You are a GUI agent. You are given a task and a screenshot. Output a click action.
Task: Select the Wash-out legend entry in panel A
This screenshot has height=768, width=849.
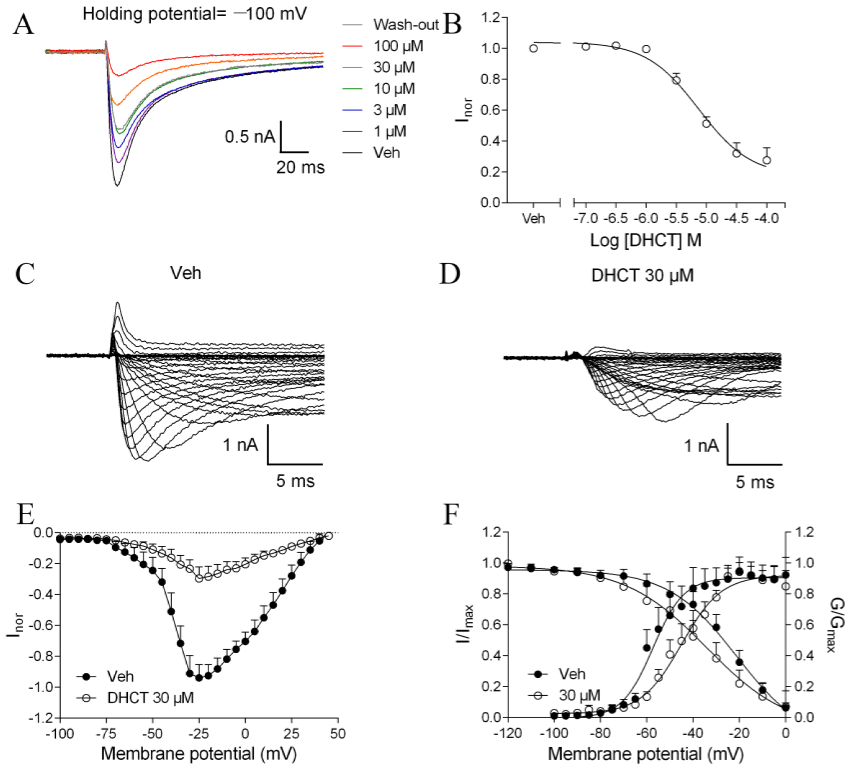coord(405,25)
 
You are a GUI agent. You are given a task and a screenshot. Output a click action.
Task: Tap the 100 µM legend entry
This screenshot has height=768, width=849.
coord(398,46)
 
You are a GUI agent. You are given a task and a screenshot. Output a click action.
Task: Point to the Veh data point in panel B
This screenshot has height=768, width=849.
coord(533,49)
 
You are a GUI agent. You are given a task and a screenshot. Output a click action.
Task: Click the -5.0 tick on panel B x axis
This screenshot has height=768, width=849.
coord(706,218)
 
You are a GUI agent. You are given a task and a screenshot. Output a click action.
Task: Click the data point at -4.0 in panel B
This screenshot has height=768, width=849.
coord(766,160)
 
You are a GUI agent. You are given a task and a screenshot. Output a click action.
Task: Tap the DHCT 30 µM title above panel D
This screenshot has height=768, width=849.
coord(642,275)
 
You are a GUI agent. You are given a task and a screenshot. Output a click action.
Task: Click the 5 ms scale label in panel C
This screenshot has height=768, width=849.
coord(295,481)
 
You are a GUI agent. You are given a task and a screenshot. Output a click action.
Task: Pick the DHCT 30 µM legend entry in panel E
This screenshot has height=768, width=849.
coord(150,698)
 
